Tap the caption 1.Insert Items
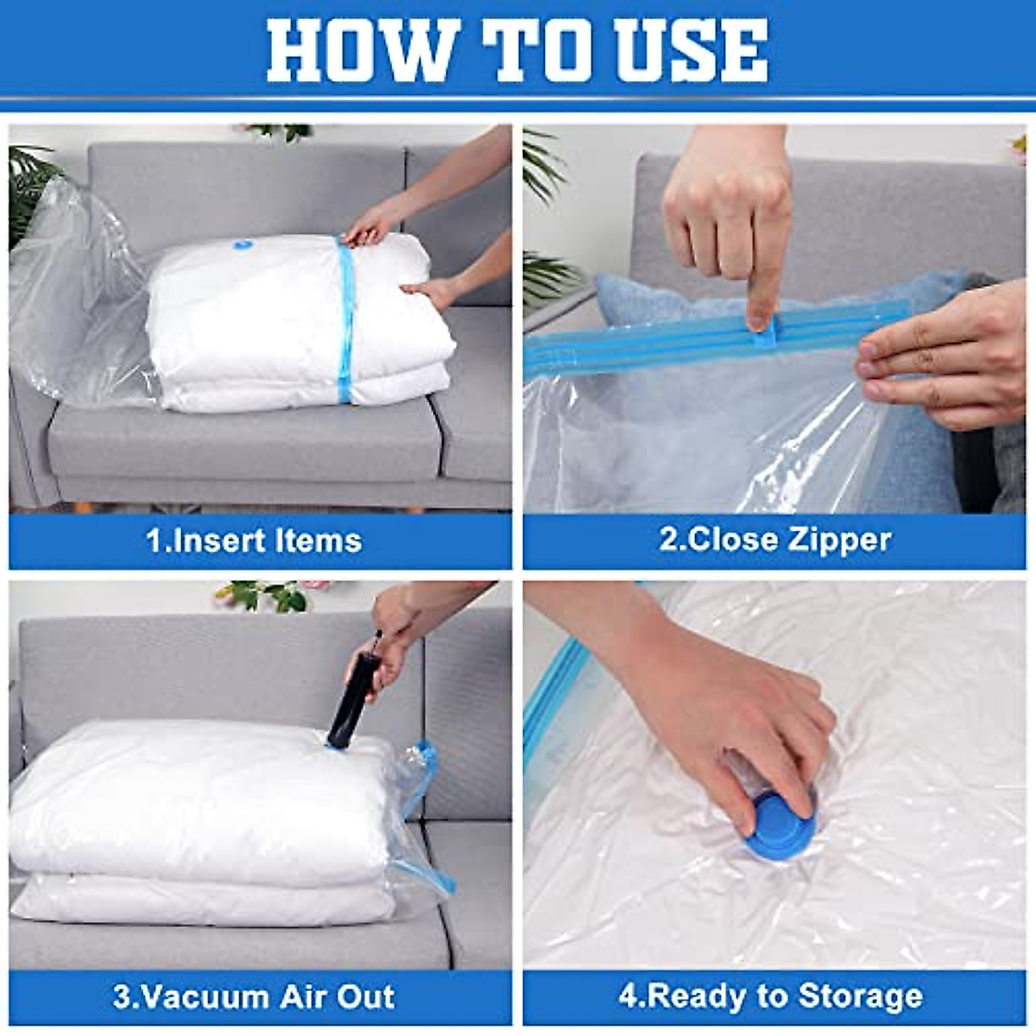tap(254, 540)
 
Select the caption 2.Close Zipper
tap(774, 540)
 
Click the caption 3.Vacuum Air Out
tap(254, 996)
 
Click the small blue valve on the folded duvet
tap(239, 246)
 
